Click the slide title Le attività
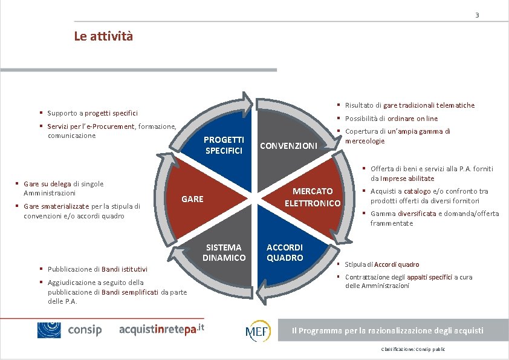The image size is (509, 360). click(103, 36)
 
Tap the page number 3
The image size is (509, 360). click(477, 15)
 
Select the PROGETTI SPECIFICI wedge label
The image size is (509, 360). click(224, 145)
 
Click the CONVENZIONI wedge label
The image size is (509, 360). click(288, 145)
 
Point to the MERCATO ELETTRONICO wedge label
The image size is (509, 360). click(313, 197)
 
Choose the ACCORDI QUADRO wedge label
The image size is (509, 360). click(285, 252)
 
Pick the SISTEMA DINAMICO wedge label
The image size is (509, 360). click(224, 252)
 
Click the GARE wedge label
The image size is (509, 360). click(192, 199)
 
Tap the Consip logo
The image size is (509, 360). click(70, 330)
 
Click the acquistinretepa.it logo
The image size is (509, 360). click(162, 329)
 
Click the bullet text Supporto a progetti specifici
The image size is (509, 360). click(92, 113)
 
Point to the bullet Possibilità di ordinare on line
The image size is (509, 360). click(391, 119)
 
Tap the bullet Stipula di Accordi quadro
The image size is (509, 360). click(381, 264)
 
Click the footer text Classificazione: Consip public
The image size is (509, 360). click(413, 350)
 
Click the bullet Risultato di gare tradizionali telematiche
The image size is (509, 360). click(409, 105)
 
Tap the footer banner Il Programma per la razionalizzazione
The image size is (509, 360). click(387, 330)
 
